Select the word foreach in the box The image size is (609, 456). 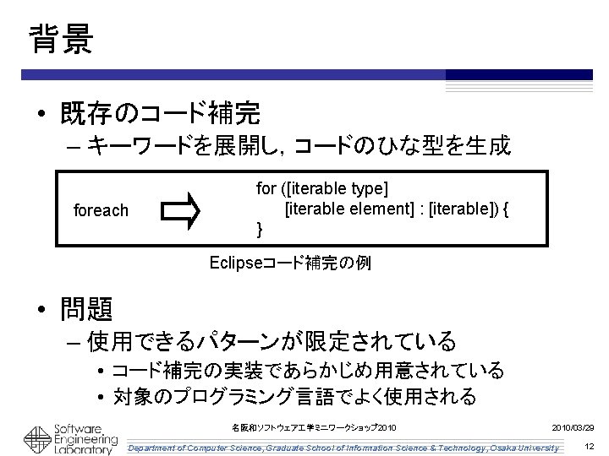(x=102, y=209)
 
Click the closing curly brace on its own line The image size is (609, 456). (x=260, y=229)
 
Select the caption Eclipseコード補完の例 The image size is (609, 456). (x=289, y=263)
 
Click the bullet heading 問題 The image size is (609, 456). (x=86, y=310)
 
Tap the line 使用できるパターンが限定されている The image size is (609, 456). (x=272, y=342)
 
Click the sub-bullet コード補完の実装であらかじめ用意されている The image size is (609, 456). (x=308, y=371)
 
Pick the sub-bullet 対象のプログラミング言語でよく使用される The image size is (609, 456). (x=294, y=395)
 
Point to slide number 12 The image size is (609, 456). (x=589, y=446)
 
